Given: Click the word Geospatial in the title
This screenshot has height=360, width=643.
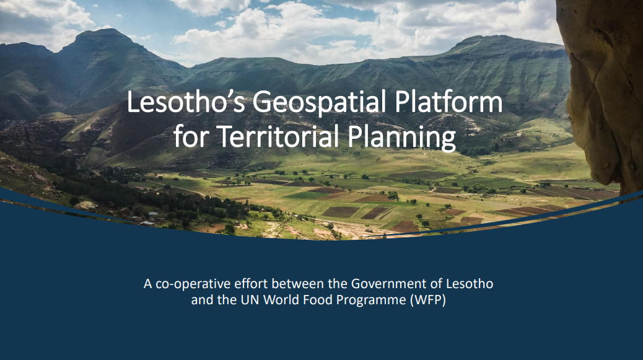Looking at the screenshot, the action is (x=319, y=102).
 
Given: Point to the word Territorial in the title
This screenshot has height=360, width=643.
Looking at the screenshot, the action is (x=278, y=136).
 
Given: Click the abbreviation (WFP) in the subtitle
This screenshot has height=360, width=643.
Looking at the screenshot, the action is (x=427, y=300).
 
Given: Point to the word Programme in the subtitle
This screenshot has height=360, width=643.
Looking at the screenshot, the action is (x=371, y=301).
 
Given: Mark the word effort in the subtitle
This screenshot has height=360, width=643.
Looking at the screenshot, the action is (x=251, y=284).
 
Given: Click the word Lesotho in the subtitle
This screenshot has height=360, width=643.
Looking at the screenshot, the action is (x=470, y=284).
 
